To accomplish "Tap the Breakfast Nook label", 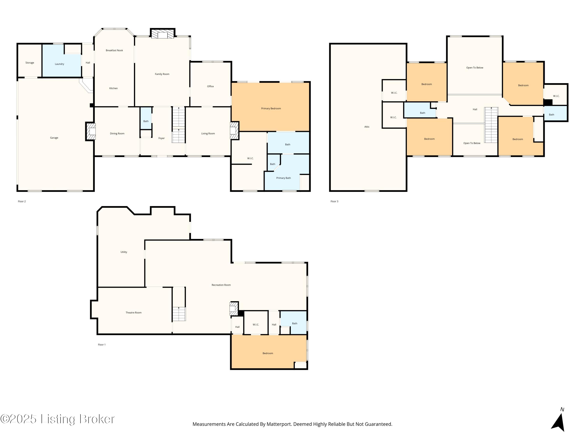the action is click(114, 50).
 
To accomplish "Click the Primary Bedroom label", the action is click(271, 108).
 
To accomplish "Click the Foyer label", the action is click(162, 138).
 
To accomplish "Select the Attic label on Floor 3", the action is click(367, 127).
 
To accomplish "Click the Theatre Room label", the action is click(134, 313).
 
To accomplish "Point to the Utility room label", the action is click(124, 252).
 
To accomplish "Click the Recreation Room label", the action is click(221, 285).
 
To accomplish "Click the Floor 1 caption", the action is click(102, 345).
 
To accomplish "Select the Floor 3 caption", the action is click(334, 201).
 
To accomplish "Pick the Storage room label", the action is click(30, 63).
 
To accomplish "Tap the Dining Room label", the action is click(117, 134).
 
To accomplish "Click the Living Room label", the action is click(208, 134).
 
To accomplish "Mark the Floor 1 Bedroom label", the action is click(268, 353).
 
